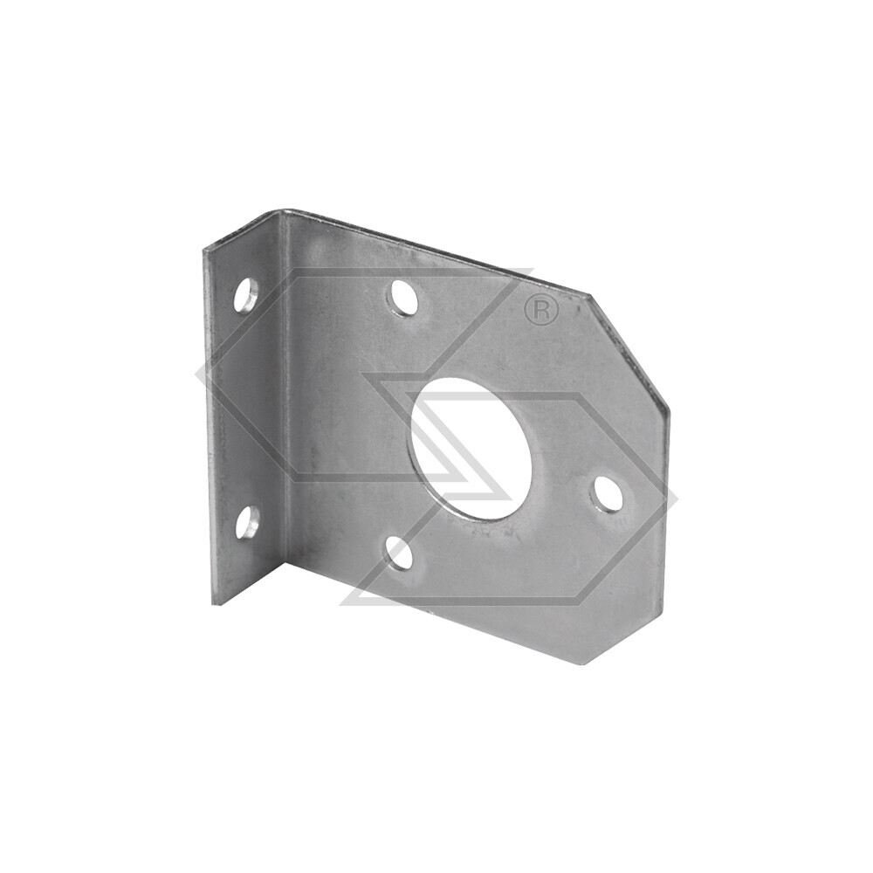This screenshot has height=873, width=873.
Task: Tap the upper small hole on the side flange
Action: coord(245,295)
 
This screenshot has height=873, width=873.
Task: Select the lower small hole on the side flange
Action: coord(247,522)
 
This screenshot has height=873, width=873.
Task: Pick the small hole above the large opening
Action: coord(403,298)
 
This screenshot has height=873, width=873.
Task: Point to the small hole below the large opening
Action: coord(400,553)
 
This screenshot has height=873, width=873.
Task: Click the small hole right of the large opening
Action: coord(607,495)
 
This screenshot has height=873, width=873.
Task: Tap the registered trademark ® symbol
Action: coord(541,311)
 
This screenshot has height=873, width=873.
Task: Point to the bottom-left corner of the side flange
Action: coord(213,603)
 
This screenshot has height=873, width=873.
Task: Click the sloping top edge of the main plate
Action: coord(436,253)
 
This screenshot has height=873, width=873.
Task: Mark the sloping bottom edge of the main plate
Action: coord(436,611)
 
